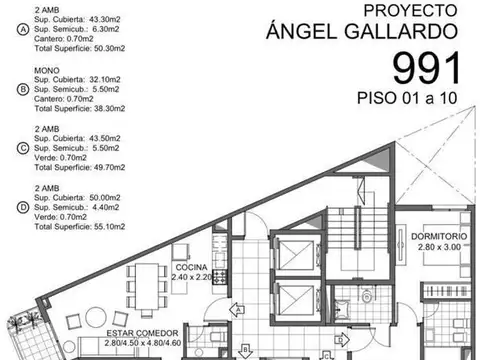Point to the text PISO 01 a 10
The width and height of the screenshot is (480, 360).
click(410, 99)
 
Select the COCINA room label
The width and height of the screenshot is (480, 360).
click(191, 268)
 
